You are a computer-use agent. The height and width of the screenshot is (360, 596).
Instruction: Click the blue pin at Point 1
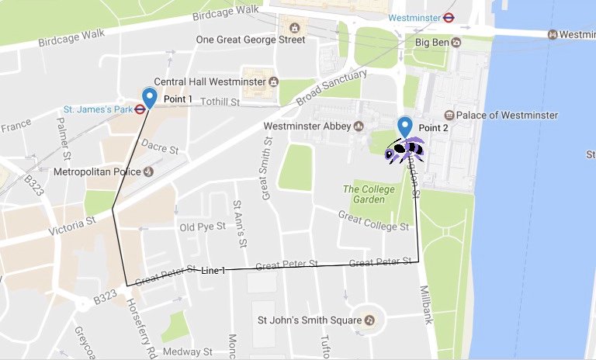point(150,97)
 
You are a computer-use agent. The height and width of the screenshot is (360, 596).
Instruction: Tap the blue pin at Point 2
point(404,126)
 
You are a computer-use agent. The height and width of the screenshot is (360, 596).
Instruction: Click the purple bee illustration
point(404,150)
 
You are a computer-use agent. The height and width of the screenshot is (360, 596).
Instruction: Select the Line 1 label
point(213,270)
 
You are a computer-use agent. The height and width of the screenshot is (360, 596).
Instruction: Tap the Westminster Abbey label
point(308,126)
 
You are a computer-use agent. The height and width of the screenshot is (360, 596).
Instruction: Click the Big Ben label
point(433,42)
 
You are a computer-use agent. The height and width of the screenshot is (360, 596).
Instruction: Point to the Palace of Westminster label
point(506,115)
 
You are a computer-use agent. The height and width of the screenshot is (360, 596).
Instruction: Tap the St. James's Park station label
point(98,109)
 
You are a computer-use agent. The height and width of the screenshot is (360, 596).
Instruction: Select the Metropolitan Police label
point(96,171)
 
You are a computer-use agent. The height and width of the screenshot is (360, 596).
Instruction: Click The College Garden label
point(364,194)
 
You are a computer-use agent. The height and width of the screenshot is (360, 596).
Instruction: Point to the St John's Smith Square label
point(308,320)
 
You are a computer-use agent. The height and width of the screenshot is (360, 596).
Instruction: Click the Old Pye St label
point(202,227)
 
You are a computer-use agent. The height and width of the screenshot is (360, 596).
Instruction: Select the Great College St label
point(373,222)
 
